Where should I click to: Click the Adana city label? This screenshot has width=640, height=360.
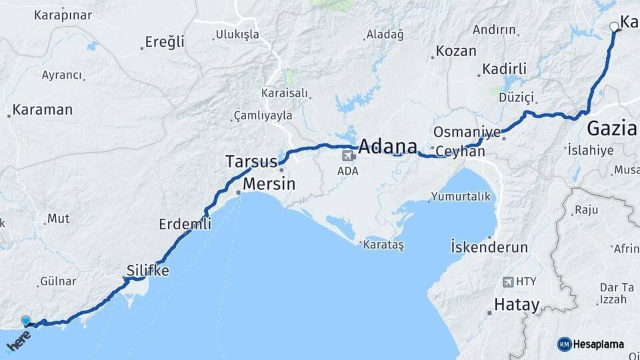(388, 147)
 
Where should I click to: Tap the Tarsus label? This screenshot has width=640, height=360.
(251, 162)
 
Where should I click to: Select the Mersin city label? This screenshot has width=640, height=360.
(269, 184)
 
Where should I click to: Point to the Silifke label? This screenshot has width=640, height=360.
(148, 271)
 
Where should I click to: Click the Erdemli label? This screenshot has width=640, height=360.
(185, 224)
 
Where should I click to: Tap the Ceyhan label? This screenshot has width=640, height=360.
(460, 152)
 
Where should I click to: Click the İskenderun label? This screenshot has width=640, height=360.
(489, 247)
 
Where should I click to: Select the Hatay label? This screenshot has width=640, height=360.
(516, 305)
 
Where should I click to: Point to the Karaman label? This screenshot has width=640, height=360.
(42, 110)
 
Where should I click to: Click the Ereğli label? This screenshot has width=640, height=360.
(165, 42)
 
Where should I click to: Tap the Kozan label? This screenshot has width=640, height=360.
(456, 51)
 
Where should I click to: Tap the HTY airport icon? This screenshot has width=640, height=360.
(509, 282)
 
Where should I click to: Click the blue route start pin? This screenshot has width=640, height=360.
(25, 321)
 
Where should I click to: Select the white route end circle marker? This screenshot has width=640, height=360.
(614, 27)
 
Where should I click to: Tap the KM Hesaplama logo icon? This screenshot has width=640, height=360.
(564, 344)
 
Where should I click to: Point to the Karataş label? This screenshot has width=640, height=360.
(384, 245)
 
